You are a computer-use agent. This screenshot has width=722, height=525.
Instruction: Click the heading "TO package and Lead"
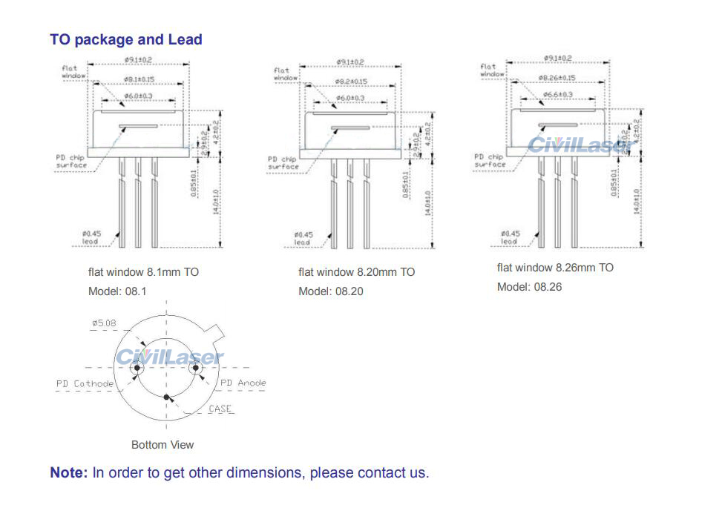pos(126,40)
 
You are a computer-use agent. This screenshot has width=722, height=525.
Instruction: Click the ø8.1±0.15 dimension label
pos(138,79)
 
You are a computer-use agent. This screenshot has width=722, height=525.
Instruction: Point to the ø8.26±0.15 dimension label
pos(557,78)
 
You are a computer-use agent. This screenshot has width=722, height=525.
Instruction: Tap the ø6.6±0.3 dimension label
pos(557,95)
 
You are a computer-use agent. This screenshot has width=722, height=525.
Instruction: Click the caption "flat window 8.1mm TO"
pos(143,272)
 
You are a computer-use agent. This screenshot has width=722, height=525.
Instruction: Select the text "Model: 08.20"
pos(331,291)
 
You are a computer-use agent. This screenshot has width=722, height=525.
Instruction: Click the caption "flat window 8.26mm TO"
pos(555,268)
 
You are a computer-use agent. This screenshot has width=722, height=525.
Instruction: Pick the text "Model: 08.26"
pos(530,287)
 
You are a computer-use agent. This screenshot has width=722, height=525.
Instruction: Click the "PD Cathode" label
pos(85,383)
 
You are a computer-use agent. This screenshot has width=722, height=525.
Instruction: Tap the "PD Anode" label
pos(243,383)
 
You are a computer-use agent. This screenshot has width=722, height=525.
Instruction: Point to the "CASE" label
pos(220,409)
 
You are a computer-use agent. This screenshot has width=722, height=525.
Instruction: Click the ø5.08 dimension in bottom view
pos(105,323)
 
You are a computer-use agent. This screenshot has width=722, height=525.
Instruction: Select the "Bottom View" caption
pos(163,445)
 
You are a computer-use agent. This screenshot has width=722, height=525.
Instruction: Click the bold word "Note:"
pos(69,472)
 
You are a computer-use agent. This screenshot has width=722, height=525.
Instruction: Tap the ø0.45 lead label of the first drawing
pos(92,237)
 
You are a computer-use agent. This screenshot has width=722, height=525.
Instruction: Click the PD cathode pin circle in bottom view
pos(137,368)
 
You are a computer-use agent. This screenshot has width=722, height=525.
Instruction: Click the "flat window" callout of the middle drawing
pos(285,73)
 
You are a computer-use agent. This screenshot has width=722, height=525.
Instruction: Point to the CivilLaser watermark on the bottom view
pos(169,357)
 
